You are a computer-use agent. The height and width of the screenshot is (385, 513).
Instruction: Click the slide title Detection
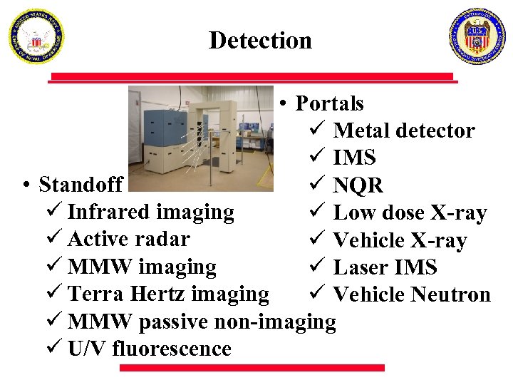(x=260, y=41)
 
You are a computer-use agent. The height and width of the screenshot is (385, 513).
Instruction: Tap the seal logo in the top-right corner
(x=477, y=36)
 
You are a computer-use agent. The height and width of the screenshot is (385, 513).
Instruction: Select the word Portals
(x=329, y=104)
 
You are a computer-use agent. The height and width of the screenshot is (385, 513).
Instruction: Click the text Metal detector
(x=403, y=131)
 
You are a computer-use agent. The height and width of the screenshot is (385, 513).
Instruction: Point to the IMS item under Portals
(x=354, y=158)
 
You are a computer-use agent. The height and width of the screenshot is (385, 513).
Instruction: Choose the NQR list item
(x=358, y=186)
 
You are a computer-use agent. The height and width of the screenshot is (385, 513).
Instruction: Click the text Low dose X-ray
(x=410, y=213)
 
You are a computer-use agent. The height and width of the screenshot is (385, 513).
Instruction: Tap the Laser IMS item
(x=385, y=268)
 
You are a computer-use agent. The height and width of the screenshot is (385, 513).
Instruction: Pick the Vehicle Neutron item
(x=412, y=294)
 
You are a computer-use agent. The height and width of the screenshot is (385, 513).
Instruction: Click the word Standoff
(x=81, y=185)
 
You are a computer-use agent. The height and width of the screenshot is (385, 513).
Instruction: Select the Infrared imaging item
(x=150, y=212)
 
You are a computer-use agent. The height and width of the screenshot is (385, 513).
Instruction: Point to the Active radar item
(x=128, y=240)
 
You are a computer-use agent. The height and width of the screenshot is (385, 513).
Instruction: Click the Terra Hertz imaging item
(x=168, y=294)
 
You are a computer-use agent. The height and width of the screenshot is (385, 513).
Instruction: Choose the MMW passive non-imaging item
(x=202, y=322)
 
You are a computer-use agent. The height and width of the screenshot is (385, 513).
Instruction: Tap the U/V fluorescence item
(x=149, y=349)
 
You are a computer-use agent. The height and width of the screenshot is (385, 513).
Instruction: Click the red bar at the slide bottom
(x=252, y=368)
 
